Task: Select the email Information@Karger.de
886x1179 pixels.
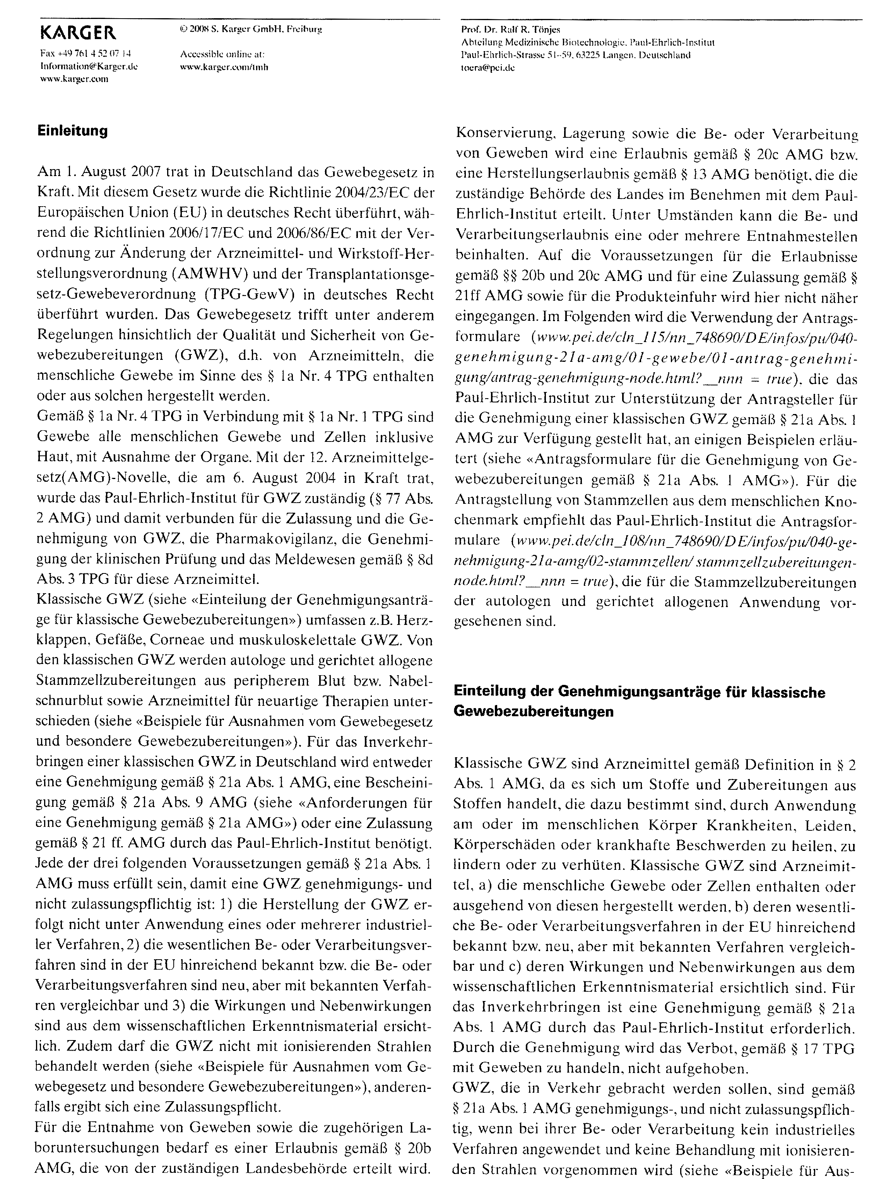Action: [x=89, y=67]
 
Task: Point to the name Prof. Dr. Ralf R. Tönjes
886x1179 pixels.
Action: [x=510, y=29]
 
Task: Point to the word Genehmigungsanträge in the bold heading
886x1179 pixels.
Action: [x=639, y=692]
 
